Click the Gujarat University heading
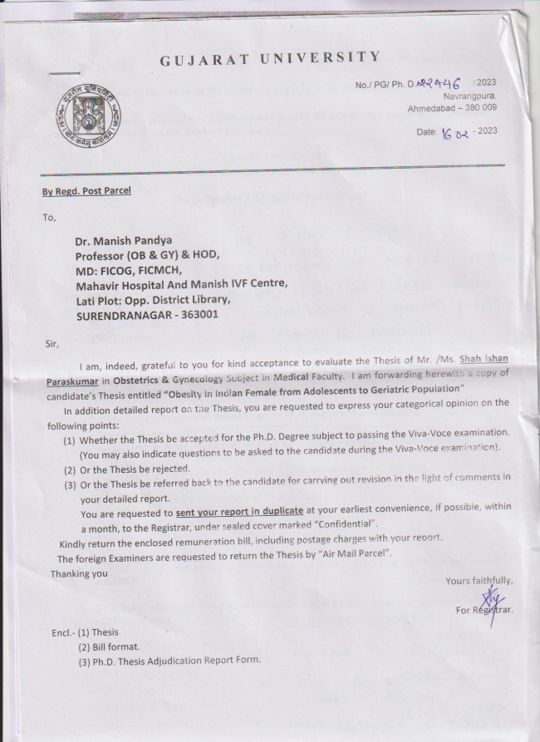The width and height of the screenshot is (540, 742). coord(269,57)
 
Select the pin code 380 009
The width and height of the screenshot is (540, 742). coord(477,108)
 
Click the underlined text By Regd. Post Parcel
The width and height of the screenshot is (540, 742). coord(86,190)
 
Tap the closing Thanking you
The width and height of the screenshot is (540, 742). coord(79,573)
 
